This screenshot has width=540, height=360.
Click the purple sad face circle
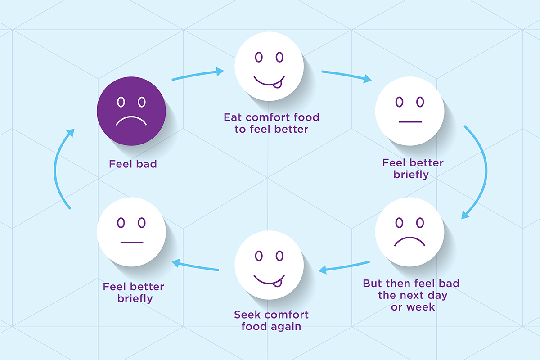131,111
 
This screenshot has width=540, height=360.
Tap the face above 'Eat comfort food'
269,66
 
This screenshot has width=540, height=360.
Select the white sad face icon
410,232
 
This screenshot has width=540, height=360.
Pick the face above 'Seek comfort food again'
269,265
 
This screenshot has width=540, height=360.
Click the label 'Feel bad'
133,164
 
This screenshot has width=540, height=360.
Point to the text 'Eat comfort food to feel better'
271,123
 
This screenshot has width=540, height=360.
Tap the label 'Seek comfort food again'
271,320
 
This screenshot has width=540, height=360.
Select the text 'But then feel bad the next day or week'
411,295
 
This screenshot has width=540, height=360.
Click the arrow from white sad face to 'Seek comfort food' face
344,267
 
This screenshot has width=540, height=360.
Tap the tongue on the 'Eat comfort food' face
277,85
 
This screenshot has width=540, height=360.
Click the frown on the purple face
131,121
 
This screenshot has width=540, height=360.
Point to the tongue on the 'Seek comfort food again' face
277,283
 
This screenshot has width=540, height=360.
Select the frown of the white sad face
409,242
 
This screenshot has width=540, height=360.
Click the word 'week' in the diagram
421,307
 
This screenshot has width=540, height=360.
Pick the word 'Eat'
233,117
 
